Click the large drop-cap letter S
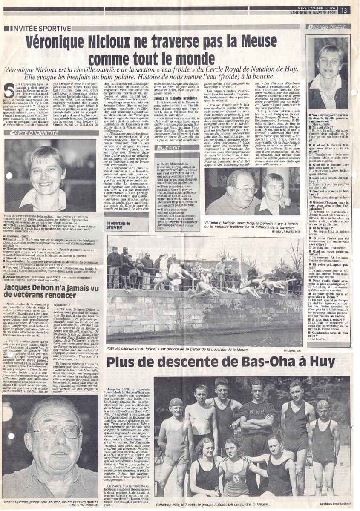pos(9,87)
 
